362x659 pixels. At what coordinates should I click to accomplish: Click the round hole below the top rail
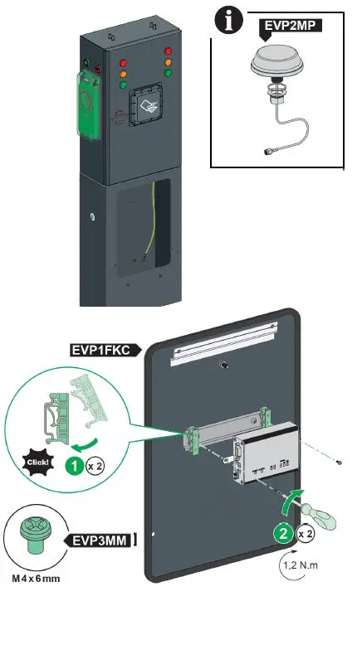click(x=225, y=366)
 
